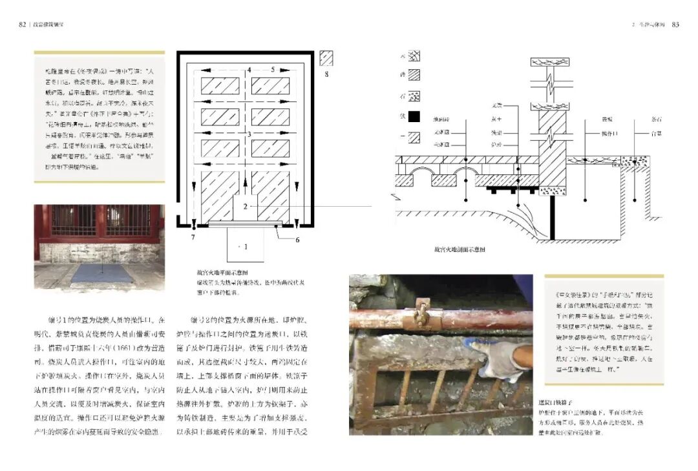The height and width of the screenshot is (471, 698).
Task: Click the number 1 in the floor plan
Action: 244,247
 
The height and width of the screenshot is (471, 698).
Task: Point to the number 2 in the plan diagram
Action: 246,207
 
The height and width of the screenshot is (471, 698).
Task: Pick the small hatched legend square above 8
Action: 327,58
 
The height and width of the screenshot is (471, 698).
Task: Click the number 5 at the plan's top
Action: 273,69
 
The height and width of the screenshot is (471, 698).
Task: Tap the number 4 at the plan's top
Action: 248,69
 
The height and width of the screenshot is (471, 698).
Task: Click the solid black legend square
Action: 414,117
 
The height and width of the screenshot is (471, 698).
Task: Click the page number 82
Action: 22,25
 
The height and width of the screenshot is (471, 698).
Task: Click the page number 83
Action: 675,25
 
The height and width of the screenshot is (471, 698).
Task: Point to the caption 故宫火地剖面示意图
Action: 460,248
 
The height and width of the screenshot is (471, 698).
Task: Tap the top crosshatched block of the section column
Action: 549,62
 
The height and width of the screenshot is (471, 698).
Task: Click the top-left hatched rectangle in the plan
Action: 220,86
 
